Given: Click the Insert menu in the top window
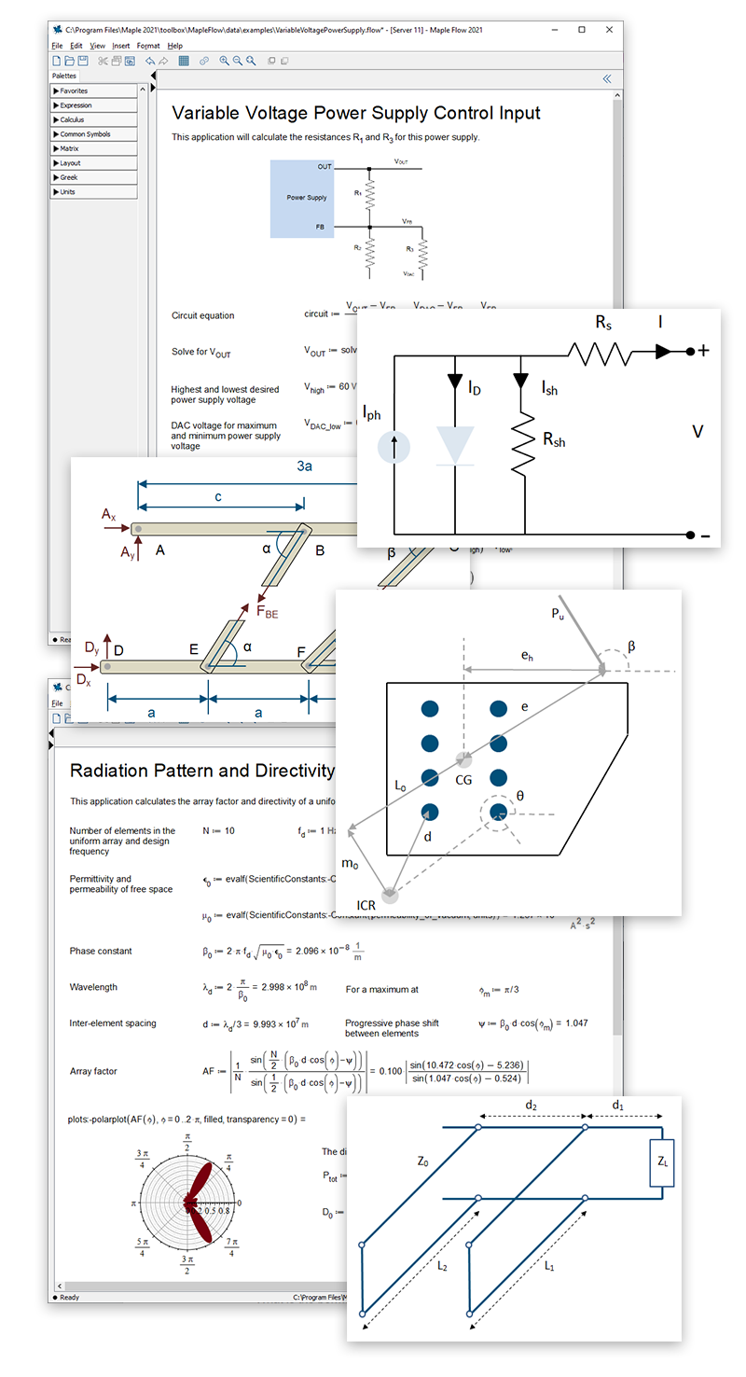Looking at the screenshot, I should (121, 46).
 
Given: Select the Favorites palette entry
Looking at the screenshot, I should (74, 91).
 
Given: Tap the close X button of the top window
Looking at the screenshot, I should (608, 30).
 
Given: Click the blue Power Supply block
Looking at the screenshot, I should (306, 198).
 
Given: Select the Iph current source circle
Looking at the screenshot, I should (394, 449).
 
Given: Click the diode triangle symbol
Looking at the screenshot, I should (456, 445).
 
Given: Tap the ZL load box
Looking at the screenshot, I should (661, 1162).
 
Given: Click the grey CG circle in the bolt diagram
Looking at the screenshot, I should (463, 760).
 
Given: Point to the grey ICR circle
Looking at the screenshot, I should (390, 896).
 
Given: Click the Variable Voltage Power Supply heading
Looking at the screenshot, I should (356, 113).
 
